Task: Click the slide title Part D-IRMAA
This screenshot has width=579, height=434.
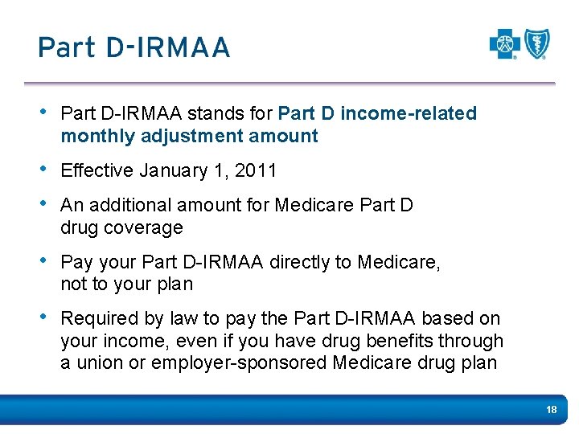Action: [133, 47]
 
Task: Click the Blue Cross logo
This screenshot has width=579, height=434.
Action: [505, 44]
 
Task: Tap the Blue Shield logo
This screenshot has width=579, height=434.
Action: [536, 44]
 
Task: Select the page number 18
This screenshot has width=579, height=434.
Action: [551, 410]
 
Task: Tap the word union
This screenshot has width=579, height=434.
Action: [96, 363]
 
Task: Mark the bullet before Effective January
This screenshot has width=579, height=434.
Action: [45, 170]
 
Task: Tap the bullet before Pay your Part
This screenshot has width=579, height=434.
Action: [45, 262]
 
